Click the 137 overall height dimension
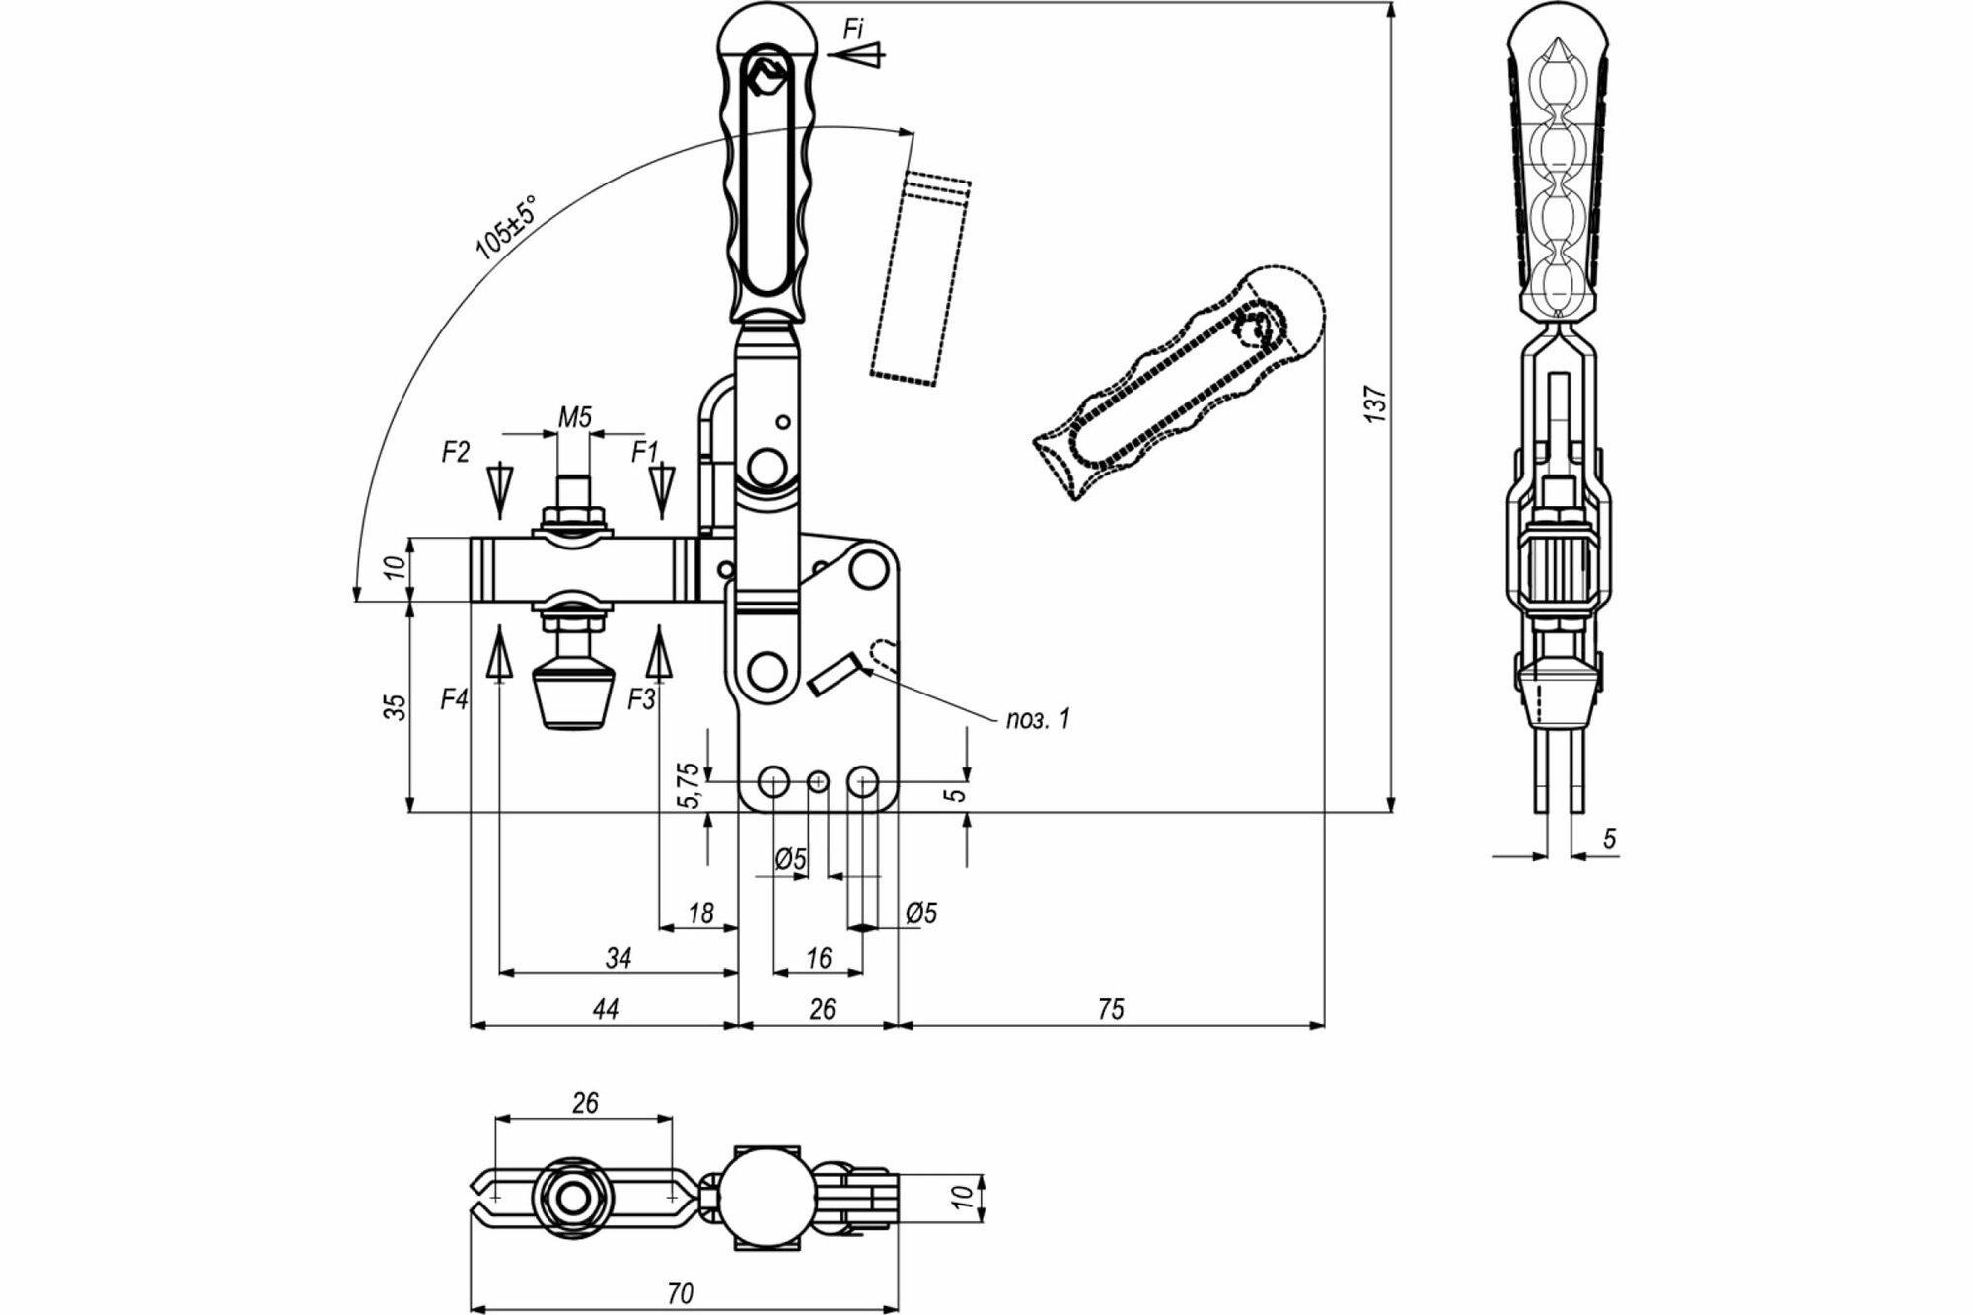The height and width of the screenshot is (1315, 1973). (x=1377, y=404)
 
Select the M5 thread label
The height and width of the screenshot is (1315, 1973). (x=575, y=417)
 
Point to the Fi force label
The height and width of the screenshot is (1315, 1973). (x=853, y=30)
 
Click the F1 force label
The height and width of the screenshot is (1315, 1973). (x=644, y=452)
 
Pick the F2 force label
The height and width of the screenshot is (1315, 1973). (x=455, y=452)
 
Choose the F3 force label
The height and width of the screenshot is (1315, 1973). (x=641, y=699)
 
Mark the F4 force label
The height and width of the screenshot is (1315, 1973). (x=454, y=699)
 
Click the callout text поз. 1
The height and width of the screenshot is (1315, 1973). (x=1037, y=719)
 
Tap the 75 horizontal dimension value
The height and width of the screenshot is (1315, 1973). (x=1110, y=1009)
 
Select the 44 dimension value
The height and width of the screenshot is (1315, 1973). (x=605, y=1009)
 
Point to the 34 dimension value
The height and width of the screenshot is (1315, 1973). (x=619, y=957)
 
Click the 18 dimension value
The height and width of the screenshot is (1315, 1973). (x=700, y=913)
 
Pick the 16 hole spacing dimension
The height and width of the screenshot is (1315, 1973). (x=819, y=957)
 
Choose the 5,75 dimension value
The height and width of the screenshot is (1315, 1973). (x=690, y=785)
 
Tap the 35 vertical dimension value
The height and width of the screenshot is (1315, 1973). (x=395, y=706)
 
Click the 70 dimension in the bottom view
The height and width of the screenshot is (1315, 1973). (x=680, y=1292)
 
